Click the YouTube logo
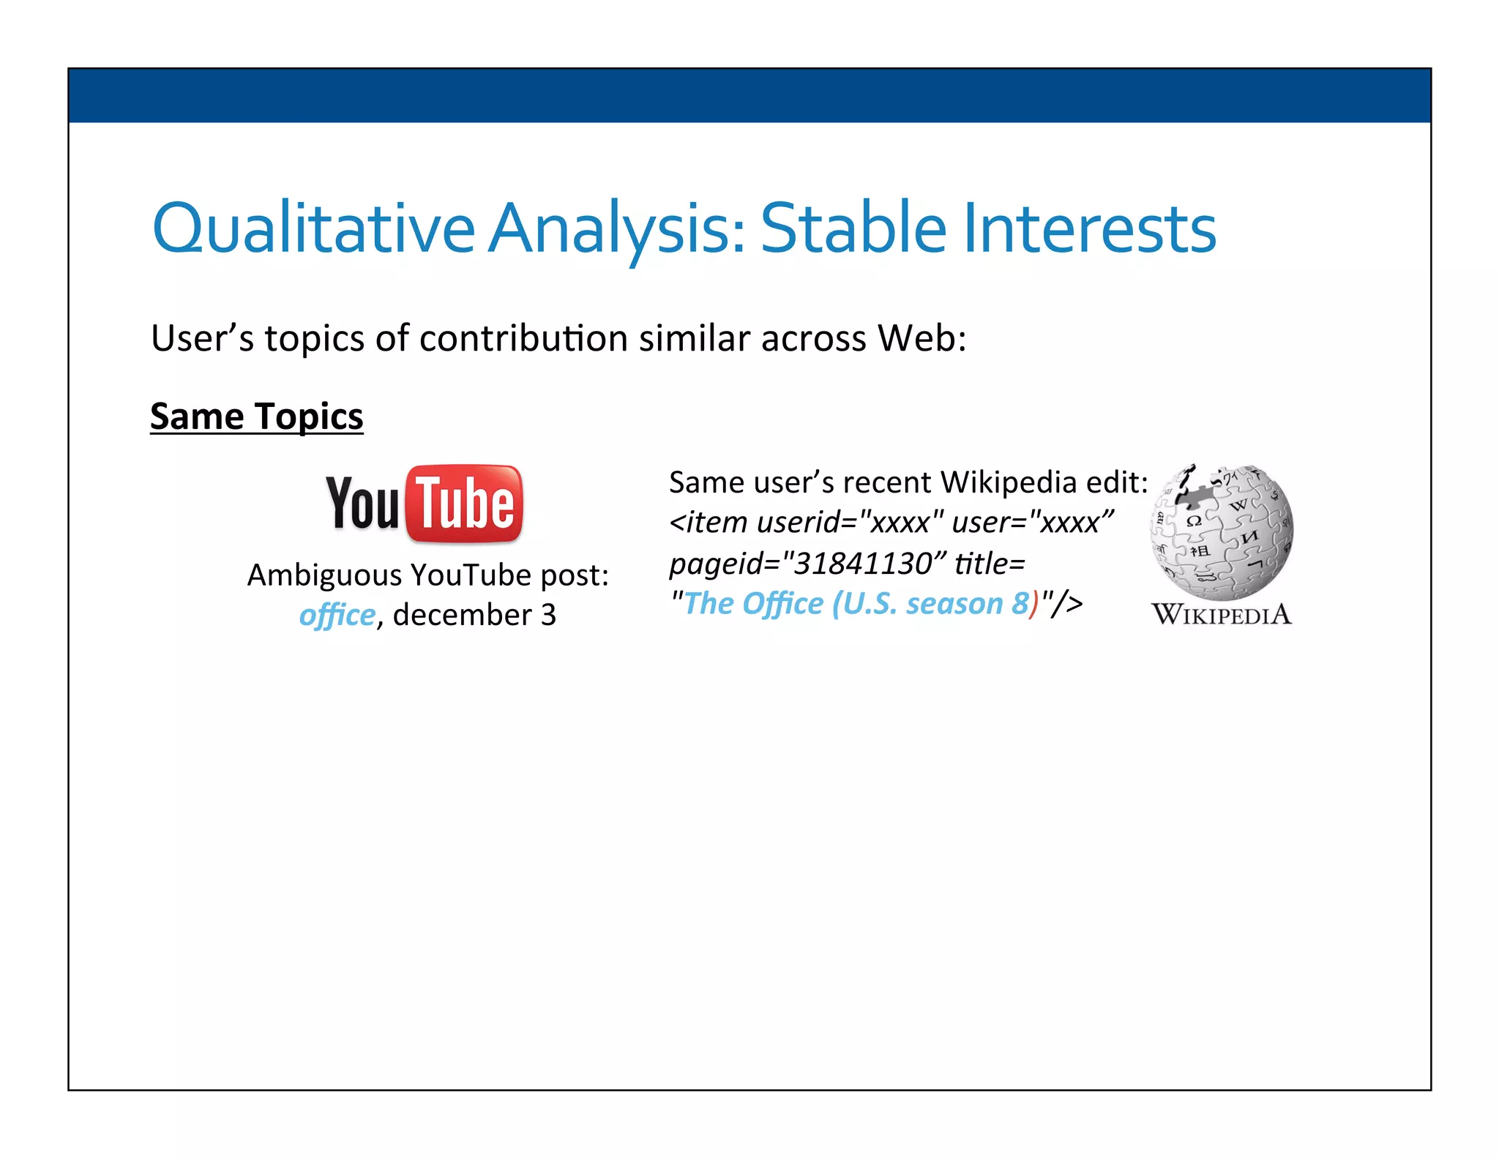(x=425, y=504)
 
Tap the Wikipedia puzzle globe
(x=1222, y=532)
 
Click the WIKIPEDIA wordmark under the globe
(x=1222, y=615)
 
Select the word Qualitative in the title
(x=313, y=228)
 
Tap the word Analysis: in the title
(x=617, y=230)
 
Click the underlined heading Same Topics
(x=256, y=416)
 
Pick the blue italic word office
(x=337, y=615)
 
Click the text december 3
(x=474, y=615)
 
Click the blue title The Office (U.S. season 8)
(x=856, y=604)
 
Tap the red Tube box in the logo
(x=465, y=504)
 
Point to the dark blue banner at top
(x=749, y=95)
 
